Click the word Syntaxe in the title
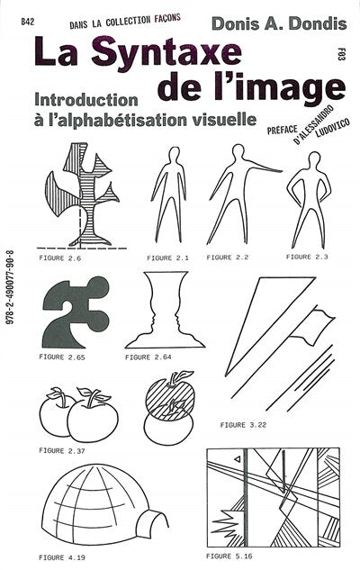166,53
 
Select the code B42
28,23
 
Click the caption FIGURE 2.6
59,258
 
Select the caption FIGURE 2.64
148,357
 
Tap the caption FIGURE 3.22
243,425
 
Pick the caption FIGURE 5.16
229,556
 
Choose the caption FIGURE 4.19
62,557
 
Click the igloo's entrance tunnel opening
153,522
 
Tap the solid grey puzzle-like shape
76,312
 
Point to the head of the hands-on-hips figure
313,158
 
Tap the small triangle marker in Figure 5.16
238,459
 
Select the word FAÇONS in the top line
167,19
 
